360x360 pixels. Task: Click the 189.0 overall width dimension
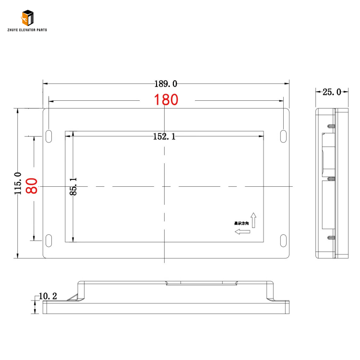tap(166, 84)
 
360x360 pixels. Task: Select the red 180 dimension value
tap(166, 100)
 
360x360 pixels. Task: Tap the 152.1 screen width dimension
tap(164, 137)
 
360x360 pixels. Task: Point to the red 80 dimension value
tap(32, 186)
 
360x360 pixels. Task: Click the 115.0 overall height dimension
tap(18, 183)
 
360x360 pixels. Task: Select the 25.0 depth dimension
tap(332, 92)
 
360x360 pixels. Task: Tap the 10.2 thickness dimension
tap(48, 296)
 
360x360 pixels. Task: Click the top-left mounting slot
tap(49, 135)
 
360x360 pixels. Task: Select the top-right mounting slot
tap(283, 135)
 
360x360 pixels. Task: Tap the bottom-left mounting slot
tap(49, 240)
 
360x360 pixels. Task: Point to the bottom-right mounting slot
tap(283, 240)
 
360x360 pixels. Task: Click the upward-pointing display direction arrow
tap(253, 219)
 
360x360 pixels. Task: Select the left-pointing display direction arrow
tap(242, 232)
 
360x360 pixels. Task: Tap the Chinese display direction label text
tap(241, 223)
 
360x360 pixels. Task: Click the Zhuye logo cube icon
tap(27, 18)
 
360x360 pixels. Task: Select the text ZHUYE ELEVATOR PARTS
tap(27, 30)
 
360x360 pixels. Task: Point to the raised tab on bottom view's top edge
tap(202, 283)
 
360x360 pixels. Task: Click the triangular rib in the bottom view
tap(74, 295)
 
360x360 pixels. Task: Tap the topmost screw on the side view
tap(331, 126)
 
